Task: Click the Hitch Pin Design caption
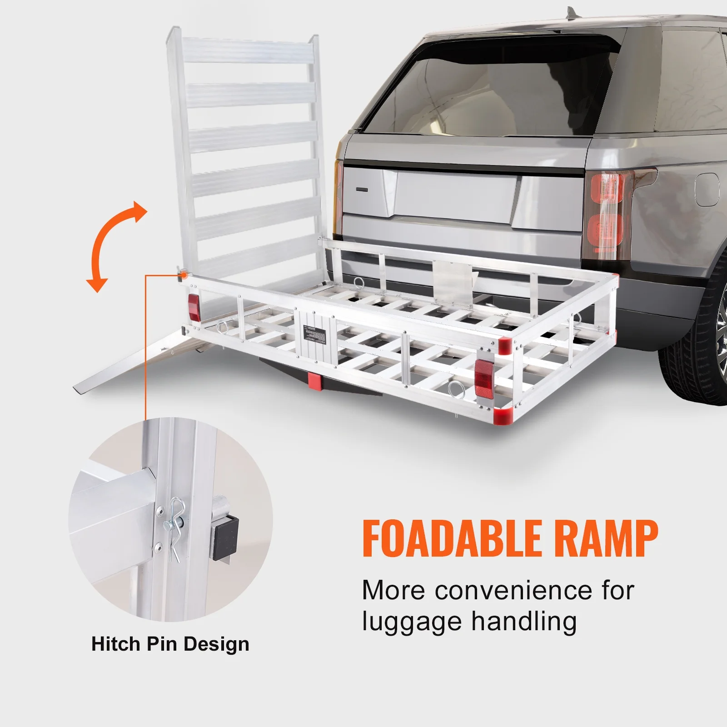tap(170, 644)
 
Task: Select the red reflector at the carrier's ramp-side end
tap(194, 308)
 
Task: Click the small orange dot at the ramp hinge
tap(184, 274)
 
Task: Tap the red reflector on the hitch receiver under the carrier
tap(314, 380)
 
